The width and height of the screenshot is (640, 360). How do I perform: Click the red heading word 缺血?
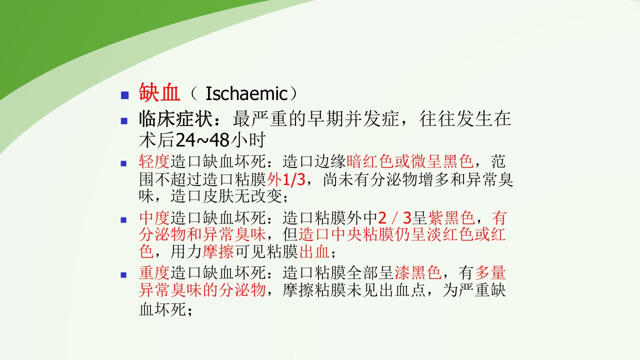pyautogui.click(x=159, y=93)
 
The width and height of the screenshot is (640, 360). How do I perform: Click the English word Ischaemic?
pyautogui.click(x=245, y=94)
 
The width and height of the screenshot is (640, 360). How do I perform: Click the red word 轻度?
pyautogui.click(x=154, y=162)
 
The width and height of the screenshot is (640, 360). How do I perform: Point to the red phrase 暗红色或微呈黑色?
pyautogui.click(x=409, y=162)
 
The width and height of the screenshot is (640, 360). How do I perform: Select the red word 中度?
pyautogui.click(x=154, y=218)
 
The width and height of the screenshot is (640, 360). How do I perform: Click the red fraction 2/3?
pyautogui.click(x=395, y=218)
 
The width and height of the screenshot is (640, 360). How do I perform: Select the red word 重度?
pyautogui.click(x=154, y=273)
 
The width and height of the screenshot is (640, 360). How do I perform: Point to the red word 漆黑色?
pyautogui.click(x=417, y=273)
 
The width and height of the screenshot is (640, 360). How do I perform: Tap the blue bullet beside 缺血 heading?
pyautogui.click(x=125, y=95)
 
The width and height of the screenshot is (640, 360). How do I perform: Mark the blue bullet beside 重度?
pyautogui.click(x=125, y=274)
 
